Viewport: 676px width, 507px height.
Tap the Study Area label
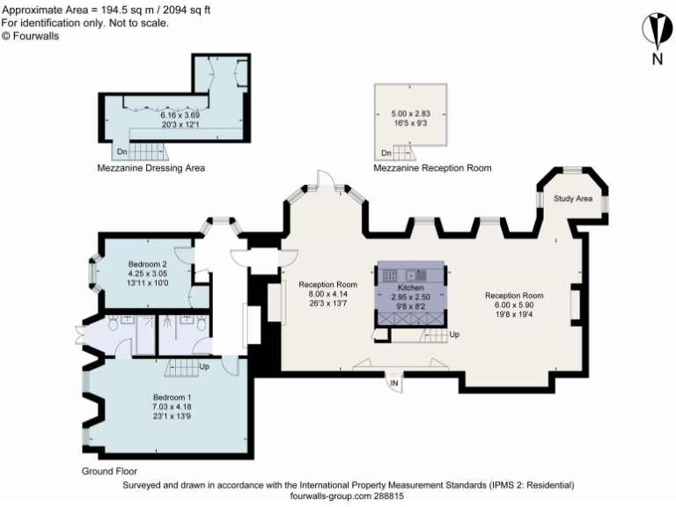(x=572, y=199)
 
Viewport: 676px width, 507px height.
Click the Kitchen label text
(x=411, y=288)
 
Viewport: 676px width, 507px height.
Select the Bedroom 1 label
(x=172, y=398)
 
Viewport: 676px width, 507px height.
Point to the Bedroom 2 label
(x=147, y=264)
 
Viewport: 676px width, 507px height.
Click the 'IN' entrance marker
(x=395, y=384)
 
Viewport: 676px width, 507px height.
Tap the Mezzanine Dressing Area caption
(x=151, y=167)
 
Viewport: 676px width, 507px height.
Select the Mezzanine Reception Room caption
(x=432, y=167)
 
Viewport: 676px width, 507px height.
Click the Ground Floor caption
(x=109, y=472)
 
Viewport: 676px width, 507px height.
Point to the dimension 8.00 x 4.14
(x=327, y=295)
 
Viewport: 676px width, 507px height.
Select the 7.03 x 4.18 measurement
(x=172, y=408)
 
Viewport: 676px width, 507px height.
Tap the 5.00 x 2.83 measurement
(x=410, y=114)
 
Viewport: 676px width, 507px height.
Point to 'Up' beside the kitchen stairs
(x=454, y=335)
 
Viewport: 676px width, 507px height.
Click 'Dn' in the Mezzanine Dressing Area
(x=121, y=152)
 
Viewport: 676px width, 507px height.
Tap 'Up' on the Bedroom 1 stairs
(x=204, y=367)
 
